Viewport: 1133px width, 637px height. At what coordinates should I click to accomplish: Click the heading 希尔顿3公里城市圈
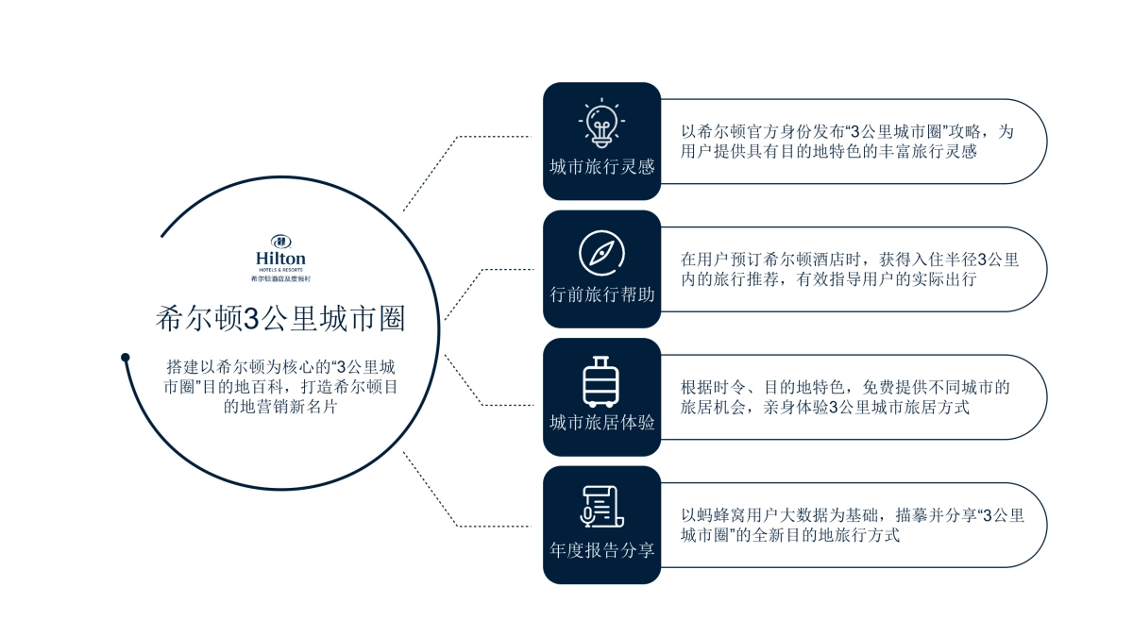280,319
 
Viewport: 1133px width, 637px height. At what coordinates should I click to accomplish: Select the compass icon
601,253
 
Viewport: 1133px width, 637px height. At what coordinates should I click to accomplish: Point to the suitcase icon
601,381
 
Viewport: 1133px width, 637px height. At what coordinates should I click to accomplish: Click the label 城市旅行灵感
601,167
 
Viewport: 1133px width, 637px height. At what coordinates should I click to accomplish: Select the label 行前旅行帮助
601,295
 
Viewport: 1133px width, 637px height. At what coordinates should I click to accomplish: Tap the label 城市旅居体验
601,423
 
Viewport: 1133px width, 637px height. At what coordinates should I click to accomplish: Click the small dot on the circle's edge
126,357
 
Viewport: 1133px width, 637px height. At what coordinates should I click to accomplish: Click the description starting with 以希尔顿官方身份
847,142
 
